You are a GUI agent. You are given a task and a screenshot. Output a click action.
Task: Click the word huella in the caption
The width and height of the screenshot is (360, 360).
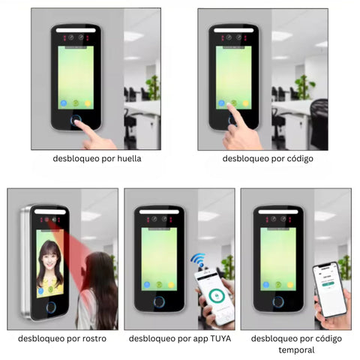coord(129,158)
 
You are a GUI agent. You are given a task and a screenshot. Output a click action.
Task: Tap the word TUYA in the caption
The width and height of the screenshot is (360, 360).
coord(220,338)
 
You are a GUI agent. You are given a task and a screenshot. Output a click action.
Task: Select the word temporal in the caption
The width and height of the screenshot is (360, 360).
coord(296,350)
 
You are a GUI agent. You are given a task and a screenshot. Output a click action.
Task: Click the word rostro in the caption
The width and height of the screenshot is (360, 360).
coord(94,338)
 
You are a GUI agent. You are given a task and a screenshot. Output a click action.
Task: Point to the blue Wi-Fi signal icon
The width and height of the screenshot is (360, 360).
coord(199,260)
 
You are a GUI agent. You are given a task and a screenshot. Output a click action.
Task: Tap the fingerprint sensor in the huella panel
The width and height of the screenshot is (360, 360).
coord(76,120)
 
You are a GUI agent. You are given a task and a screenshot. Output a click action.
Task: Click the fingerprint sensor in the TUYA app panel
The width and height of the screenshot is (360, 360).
coord(159,301)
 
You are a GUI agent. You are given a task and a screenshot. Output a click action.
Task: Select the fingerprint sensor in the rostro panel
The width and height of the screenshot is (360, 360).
coord(51,307)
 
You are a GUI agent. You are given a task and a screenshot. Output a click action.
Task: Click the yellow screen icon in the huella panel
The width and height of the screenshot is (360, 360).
coord(88,103)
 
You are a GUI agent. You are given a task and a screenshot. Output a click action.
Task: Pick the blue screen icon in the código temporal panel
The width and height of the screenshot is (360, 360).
coord(266,285)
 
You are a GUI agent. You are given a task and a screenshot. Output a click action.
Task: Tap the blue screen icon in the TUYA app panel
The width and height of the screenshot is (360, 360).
coord(147,285)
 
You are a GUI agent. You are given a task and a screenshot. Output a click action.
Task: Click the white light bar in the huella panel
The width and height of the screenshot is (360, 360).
coord(76,30)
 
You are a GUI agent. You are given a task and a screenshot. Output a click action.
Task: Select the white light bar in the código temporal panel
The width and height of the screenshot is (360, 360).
coord(278,211)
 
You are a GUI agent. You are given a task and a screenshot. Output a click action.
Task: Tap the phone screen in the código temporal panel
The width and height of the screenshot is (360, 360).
coord(329,289)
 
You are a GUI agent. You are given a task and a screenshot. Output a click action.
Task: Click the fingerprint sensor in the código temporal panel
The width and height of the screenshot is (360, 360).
coord(278,301)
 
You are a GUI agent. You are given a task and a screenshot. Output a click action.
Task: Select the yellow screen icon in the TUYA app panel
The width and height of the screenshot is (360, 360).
coord(171,285)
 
